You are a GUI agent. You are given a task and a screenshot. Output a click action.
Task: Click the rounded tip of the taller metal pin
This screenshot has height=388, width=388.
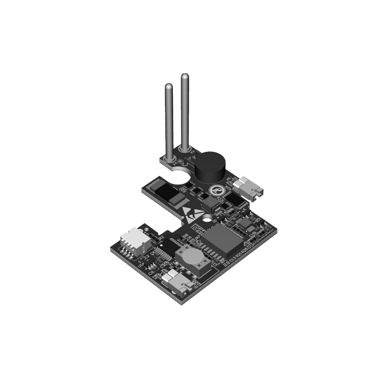click(x=185, y=77)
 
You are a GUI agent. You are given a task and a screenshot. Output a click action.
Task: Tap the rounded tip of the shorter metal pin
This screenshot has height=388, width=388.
click(x=169, y=87)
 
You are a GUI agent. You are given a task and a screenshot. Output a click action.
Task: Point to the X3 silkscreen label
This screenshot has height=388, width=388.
click(x=193, y=151)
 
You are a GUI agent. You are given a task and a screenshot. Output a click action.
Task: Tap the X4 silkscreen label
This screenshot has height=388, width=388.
click(x=175, y=162)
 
